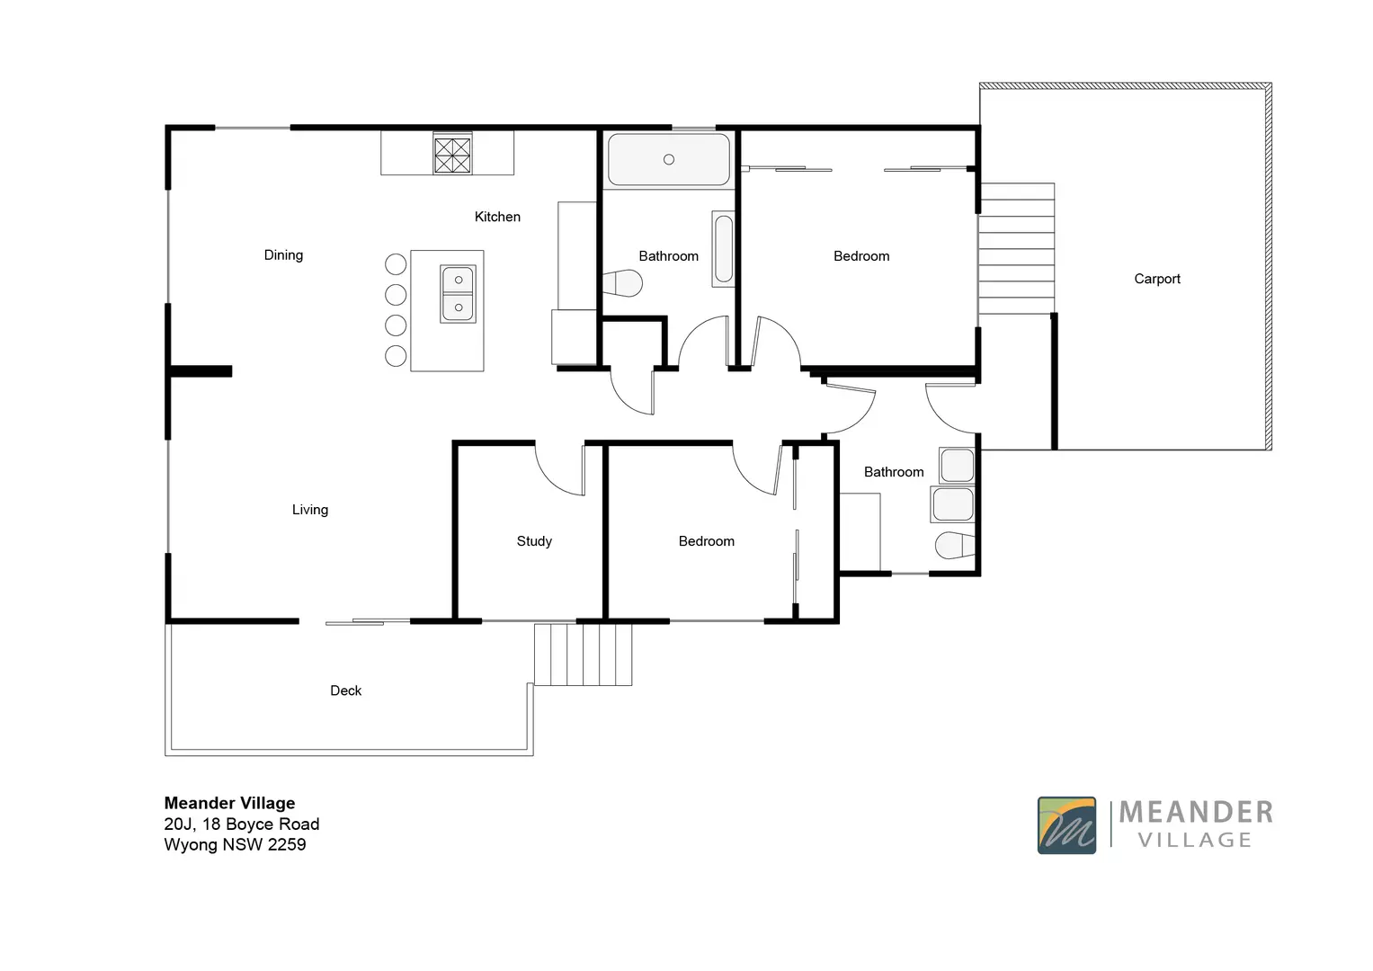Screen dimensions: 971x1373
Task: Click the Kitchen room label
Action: coord(497,217)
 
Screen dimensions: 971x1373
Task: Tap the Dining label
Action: coord(283,255)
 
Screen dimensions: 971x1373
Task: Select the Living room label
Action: coord(309,510)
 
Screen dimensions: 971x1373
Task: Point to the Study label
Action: coord(534,541)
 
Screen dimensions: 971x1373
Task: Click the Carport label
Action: coord(1156,279)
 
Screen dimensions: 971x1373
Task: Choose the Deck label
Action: coord(345,690)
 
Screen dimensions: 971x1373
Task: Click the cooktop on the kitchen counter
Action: coord(452,154)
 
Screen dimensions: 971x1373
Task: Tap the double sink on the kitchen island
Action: coord(458,294)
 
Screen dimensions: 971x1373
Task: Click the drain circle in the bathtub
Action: coord(668,160)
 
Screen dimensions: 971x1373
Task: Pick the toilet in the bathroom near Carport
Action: coord(954,546)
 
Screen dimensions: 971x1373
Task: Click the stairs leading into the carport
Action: coord(1016,249)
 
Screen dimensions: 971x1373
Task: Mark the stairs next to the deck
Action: coord(583,655)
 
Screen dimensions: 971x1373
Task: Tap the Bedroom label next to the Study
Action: coord(706,541)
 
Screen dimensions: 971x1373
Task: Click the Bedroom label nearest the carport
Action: coord(860,256)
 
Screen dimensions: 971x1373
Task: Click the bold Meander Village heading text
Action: coord(229,803)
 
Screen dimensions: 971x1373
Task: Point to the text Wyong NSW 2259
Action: coord(235,845)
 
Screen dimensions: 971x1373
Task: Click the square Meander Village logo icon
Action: coord(1066,825)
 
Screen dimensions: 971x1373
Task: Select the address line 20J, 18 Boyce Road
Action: coord(241,824)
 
